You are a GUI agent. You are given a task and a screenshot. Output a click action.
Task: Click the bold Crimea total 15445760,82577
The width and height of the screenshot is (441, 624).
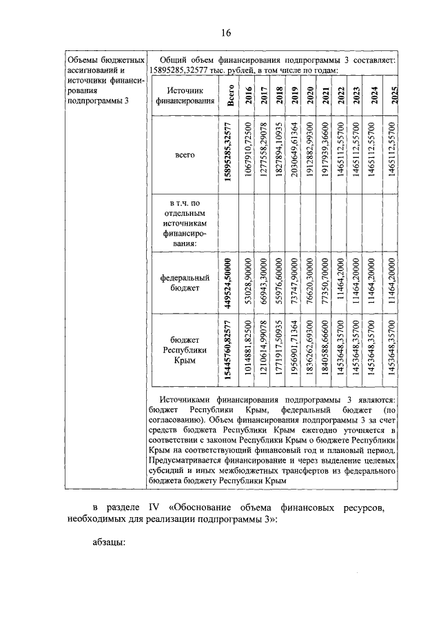pos(229,352)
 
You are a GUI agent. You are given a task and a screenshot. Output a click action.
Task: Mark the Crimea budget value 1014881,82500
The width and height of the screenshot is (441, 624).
pos(248,352)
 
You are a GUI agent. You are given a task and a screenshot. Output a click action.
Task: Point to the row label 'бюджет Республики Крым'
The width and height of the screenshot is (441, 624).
pos(184,352)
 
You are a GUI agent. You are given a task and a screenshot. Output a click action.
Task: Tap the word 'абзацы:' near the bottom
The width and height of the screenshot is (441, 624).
pos(108,542)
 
